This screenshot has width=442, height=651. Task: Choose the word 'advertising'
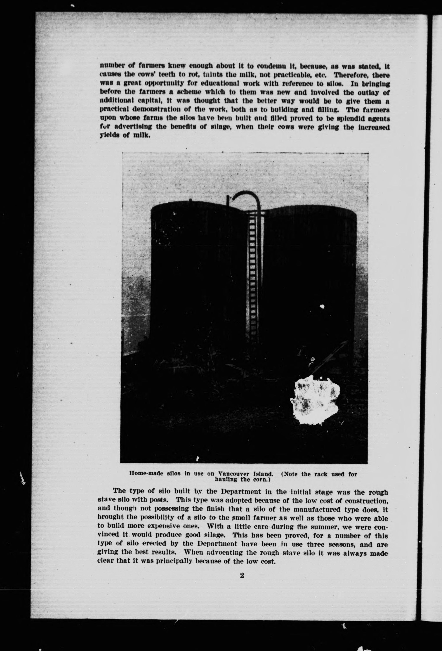pyautogui.click(x=131, y=127)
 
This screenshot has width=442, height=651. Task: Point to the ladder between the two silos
pyautogui.click(x=252, y=280)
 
